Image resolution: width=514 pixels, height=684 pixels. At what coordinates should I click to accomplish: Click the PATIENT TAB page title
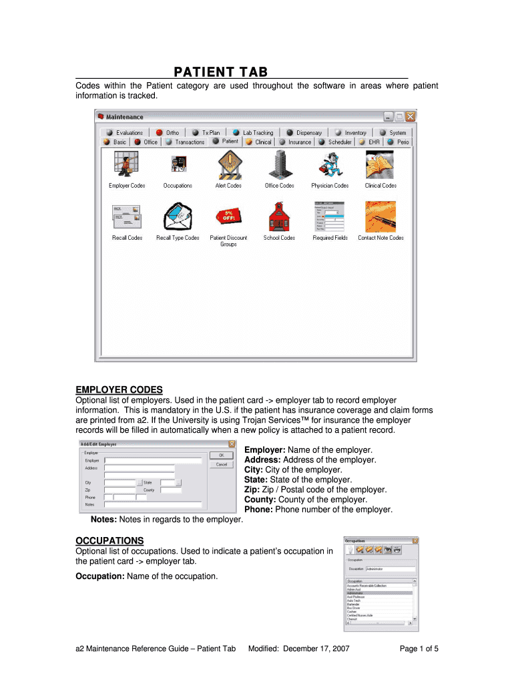[221, 72]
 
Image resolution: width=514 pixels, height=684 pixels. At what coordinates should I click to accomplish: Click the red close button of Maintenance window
[410, 117]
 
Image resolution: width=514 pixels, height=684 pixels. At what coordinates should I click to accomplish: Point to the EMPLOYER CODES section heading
[119, 390]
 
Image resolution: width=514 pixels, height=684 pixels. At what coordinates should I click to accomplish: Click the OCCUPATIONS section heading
[109, 540]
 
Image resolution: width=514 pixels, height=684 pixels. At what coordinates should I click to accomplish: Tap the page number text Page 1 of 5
[419, 649]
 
